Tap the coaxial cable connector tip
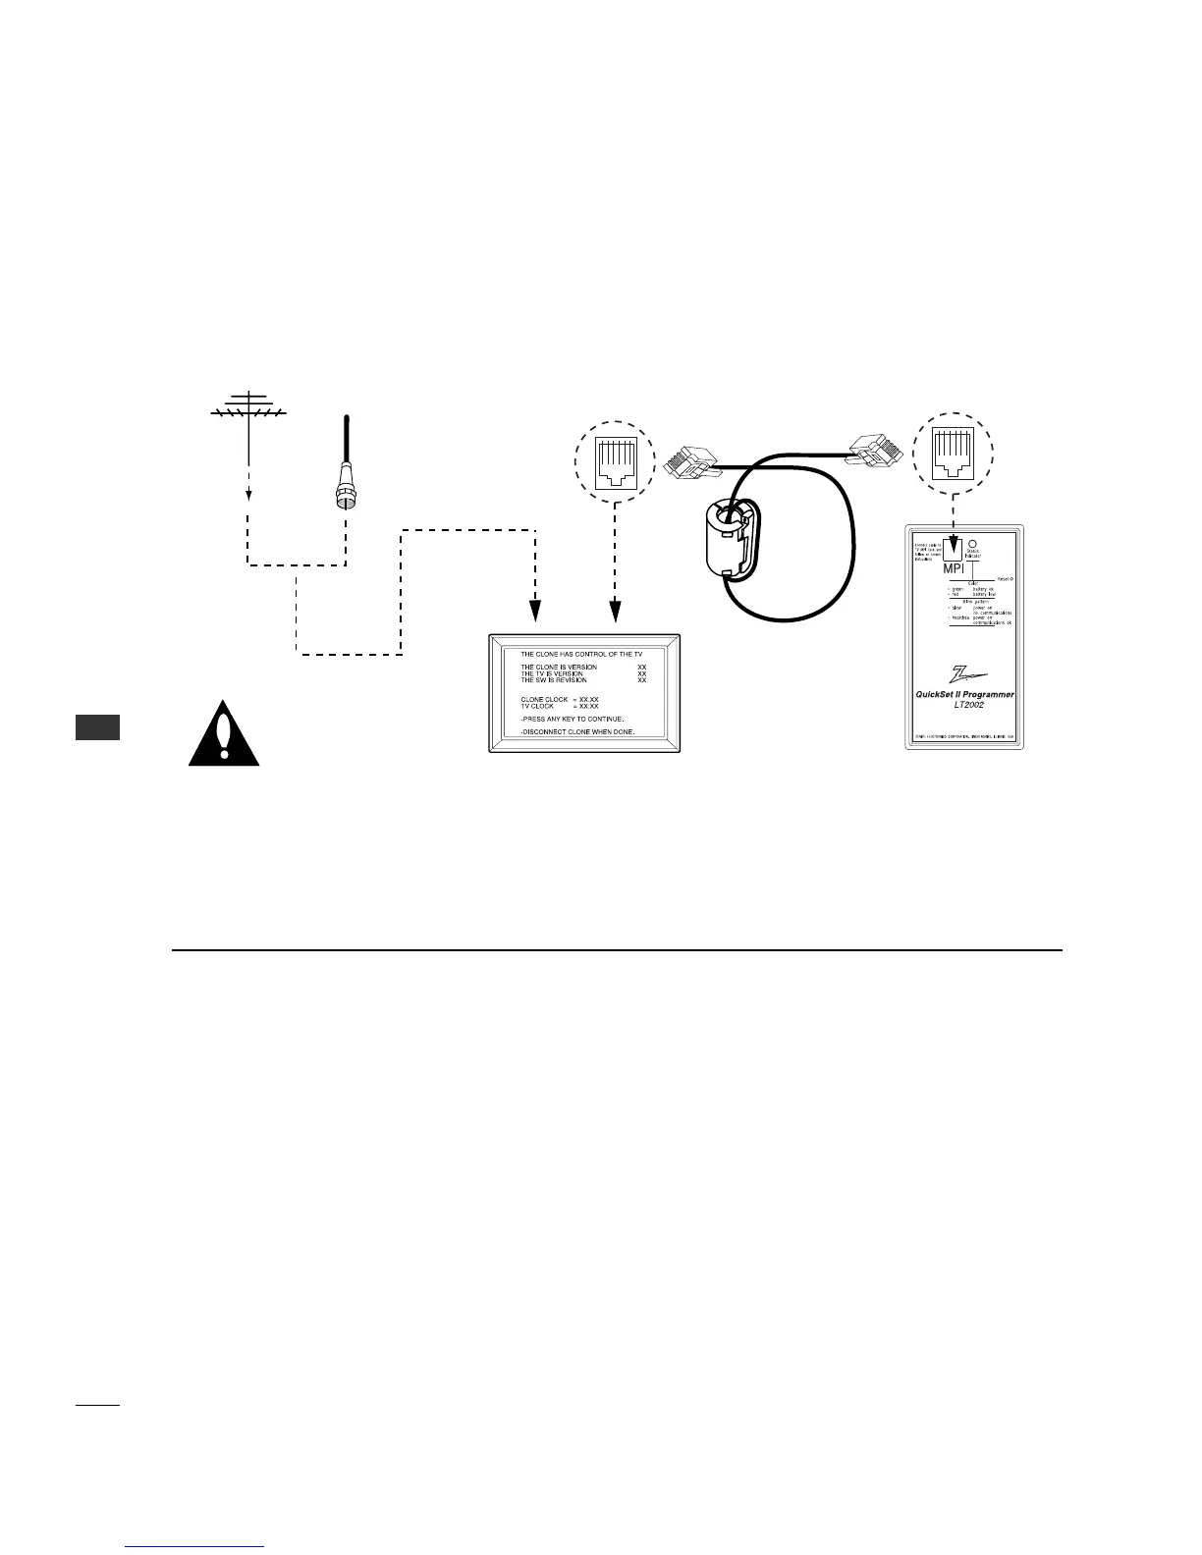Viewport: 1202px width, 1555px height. (346, 501)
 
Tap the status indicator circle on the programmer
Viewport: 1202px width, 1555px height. (971, 541)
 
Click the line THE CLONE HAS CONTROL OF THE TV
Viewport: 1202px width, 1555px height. (580, 654)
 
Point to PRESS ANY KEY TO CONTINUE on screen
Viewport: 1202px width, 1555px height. (573, 719)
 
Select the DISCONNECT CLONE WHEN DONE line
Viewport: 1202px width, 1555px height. (576, 732)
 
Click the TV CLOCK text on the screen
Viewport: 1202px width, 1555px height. (539, 706)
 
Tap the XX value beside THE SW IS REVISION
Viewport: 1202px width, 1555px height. (642, 680)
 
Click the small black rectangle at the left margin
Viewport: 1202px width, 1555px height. (97, 727)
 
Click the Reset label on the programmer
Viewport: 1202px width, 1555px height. (1003, 579)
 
